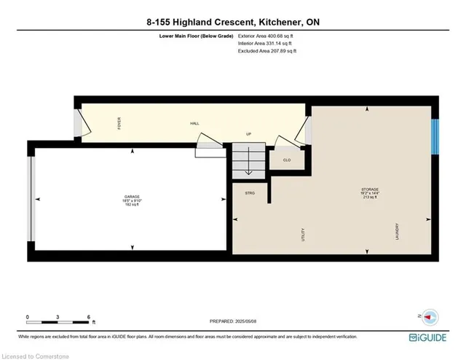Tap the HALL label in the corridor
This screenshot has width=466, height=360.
click(x=195, y=123)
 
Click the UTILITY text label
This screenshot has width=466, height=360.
click(x=302, y=235)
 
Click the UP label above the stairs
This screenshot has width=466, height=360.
click(x=248, y=135)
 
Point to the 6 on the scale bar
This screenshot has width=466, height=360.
click(x=87, y=317)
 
